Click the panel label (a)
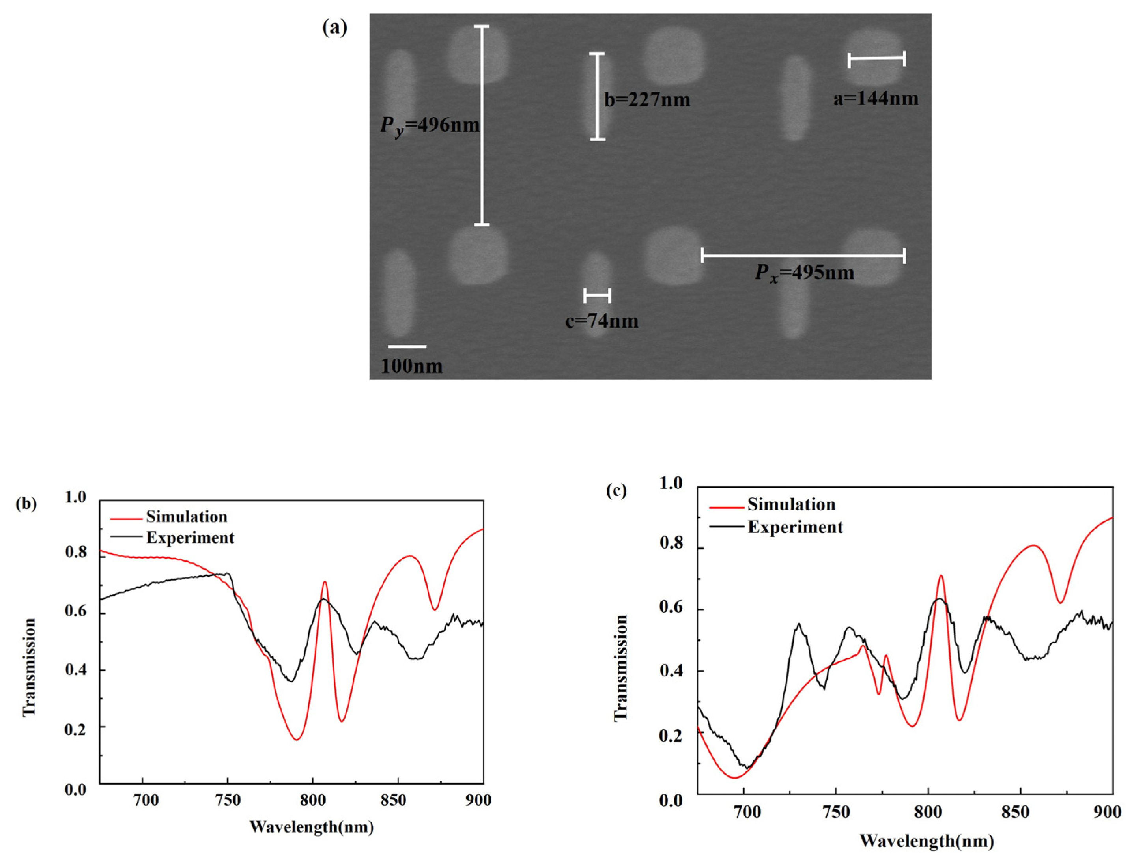(x=334, y=28)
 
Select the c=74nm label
(x=601, y=321)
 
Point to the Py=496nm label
(x=430, y=125)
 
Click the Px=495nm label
(x=804, y=272)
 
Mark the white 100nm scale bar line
(x=407, y=347)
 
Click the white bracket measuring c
(x=597, y=295)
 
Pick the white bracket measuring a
(x=876, y=58)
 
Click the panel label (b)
(x=26, y=503)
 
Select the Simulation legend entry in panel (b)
(x=186, y=516)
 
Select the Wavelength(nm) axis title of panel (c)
(x=927, y=841)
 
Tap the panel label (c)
(x=616, y=491)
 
